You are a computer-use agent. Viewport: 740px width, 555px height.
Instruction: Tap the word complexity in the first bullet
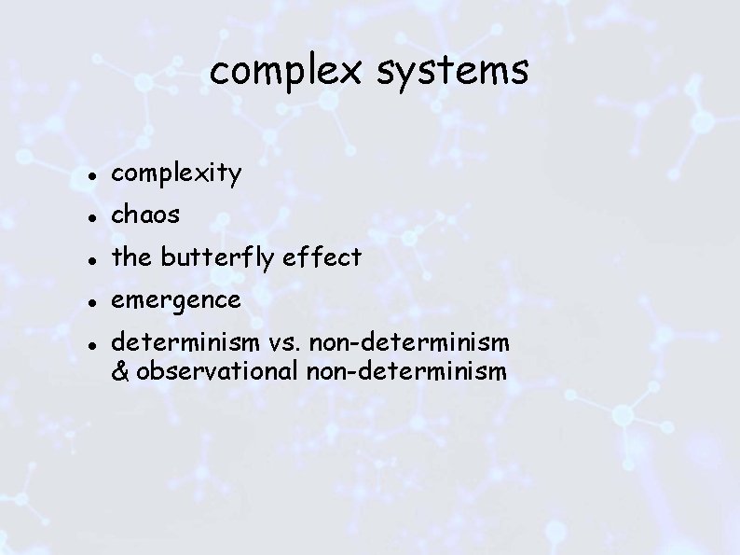pos(177,173)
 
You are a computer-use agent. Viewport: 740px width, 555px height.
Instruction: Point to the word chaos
pos(146,215)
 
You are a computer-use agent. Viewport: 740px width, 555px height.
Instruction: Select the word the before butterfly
pos(130,258)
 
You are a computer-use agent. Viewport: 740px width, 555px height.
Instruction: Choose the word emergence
pos(176,300)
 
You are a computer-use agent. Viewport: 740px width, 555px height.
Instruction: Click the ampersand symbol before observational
pos(120,371)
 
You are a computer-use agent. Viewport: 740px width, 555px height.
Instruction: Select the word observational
pos(214,371)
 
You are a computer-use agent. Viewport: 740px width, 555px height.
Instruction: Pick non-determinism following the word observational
pos(404,371)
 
